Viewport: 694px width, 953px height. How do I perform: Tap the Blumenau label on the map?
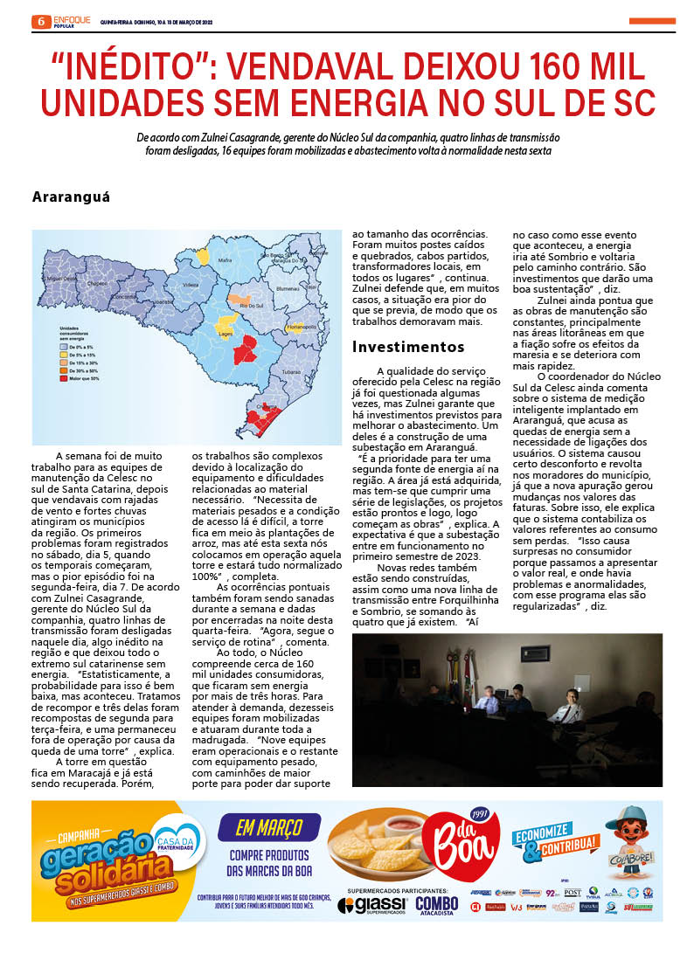coord(288,287)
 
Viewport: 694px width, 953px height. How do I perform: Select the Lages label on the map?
coord(225,333)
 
